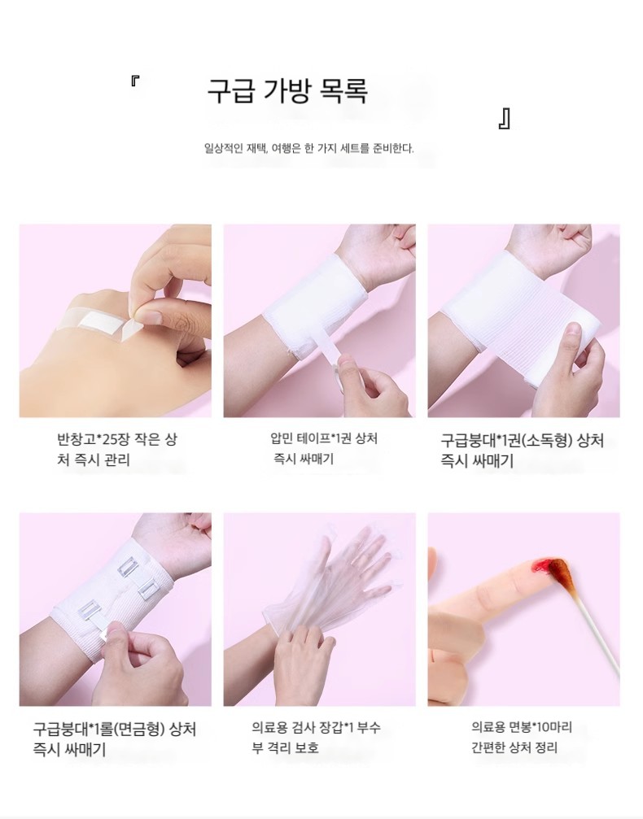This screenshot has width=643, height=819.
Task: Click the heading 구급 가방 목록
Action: coord(287,91)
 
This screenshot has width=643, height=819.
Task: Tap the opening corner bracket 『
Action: coord(134,81)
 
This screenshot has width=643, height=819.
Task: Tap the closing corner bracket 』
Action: coord(505,119)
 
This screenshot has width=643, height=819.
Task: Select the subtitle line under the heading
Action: coord(308,148)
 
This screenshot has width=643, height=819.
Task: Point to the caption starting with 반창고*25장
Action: coord(116,450)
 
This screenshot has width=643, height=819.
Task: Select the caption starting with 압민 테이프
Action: coord(324,449)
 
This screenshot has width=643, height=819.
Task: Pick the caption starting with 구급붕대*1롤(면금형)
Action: coord(115,739)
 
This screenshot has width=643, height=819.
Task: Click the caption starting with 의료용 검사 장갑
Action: coord(317,737)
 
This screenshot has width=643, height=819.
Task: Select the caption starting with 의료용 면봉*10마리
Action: coord(522,737)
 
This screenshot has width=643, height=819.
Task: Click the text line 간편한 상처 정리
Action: coord(514,747)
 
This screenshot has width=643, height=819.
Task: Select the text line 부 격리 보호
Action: coord(285,747)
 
